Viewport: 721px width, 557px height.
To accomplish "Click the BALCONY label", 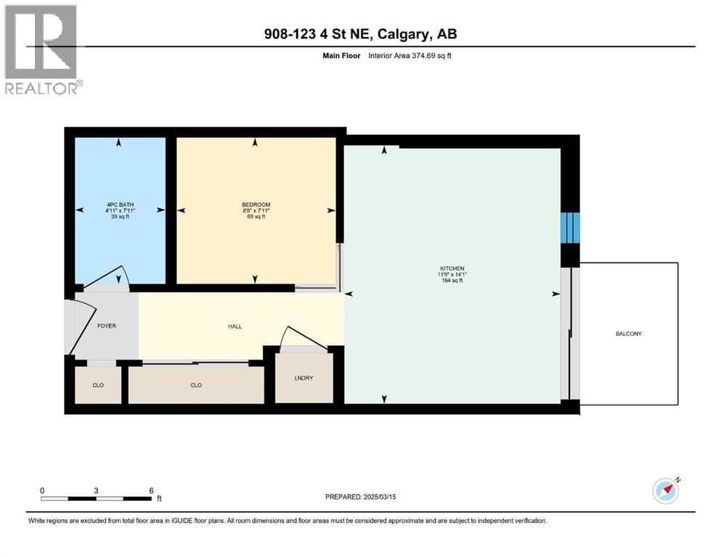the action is pyautogui.click(x=629, y=334).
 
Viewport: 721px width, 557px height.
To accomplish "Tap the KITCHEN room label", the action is pyautogui.click(x=452, y=268).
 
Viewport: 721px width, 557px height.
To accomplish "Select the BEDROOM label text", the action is pyautogui.click(x=256, y=205).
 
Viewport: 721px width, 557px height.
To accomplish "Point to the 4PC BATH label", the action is pyautogui.click(x=120, y=205).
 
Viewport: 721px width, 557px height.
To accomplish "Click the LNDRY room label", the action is pyautogui.click(x=304, y=378).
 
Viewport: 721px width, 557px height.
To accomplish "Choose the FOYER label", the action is pyautogui.click(x=107, y=326).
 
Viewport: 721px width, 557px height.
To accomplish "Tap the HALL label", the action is pyautogui.click(x=235, y=326).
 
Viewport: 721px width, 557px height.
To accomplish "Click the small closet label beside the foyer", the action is pyautogui.click(x=98, y=385).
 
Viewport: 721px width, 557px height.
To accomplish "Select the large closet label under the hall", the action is pyautogui.click(x=196, y=385).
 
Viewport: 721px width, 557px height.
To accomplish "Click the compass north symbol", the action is pyautogui.click(x=667, y=490).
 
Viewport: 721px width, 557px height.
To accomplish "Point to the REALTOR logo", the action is pyautogui.click(x=42, y=49).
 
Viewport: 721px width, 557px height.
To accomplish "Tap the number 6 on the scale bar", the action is pyautogui.click(x=151, y=490).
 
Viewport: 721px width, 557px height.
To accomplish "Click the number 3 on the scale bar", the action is pyautogui.click(x=96, y=490).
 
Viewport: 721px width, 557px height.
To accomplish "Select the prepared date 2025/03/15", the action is pyautogui.click(x=379, y=497).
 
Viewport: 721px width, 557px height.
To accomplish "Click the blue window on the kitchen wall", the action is pyautogui.click(x=570, y=228).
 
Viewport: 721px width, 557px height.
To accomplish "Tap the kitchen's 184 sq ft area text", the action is pyautogui.click(x=452, y=280).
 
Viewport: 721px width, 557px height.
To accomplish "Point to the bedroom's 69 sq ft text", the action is pyautogui.click(x=256, y=217).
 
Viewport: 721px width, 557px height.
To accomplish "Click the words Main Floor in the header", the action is pyautogui.click(x=341, y=56).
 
